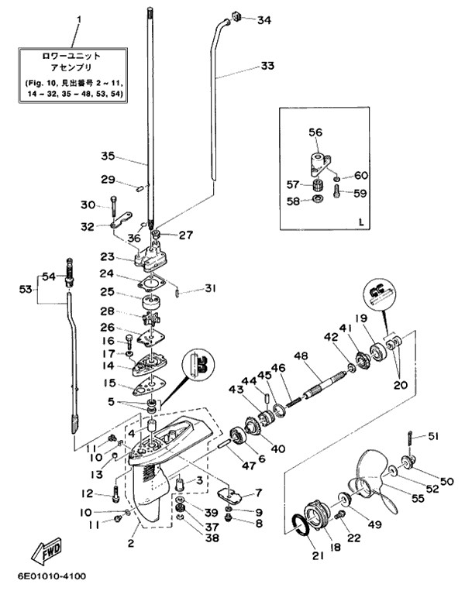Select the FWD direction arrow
click(x=49, y=552)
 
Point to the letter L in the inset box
click(x=361, y=222)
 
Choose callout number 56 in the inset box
click(x=315, y=132)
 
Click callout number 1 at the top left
click(x=77, y=15)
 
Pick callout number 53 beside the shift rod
click(x=26, y=290)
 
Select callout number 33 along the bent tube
click(x=267, y=67)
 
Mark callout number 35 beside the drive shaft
click(x=108, y=156)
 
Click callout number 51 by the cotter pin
click(x=432, y=435)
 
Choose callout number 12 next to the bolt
click(x=87, y=493)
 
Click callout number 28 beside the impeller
click(x=108, y=311)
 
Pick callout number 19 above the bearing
click(x=381, y=318)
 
